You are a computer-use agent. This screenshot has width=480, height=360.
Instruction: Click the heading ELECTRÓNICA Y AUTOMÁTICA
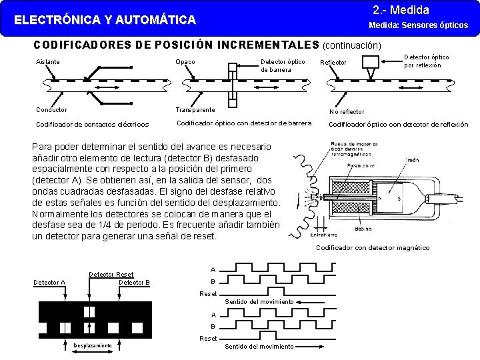click(x=105, y=20)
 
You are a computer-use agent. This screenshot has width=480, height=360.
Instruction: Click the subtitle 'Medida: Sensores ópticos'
click(x=419, y=25)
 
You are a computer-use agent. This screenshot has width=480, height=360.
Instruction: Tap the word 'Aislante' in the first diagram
click(x=47, y=62)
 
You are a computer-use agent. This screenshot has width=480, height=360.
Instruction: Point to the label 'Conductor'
click(x=51, y=109)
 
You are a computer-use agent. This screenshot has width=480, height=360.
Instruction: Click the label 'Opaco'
click(x=185, y=62)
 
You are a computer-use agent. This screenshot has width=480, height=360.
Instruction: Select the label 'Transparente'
click(x=195, y=109)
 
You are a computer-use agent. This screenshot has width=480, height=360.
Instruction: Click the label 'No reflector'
click(x=347, y=112)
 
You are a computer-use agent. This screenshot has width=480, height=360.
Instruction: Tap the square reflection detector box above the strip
click(x=370, y=61)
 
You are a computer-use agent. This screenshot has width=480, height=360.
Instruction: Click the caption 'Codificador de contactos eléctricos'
click(x=92, y=124)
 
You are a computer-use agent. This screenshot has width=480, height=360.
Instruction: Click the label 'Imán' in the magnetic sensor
click(x=413, y=160)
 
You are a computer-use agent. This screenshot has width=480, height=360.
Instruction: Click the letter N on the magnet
click(x=381, y=198)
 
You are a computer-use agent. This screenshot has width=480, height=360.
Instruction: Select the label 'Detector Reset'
click(x=111, y=274)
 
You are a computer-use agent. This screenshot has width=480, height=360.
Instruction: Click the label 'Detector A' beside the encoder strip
click(x=49, y=283)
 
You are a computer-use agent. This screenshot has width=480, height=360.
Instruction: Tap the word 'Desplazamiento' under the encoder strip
click(x=93, y=345)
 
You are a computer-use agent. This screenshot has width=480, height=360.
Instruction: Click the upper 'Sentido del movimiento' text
click(x=259, y=302)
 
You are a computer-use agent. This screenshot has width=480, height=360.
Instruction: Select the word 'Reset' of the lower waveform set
click(x=208, y=338)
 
